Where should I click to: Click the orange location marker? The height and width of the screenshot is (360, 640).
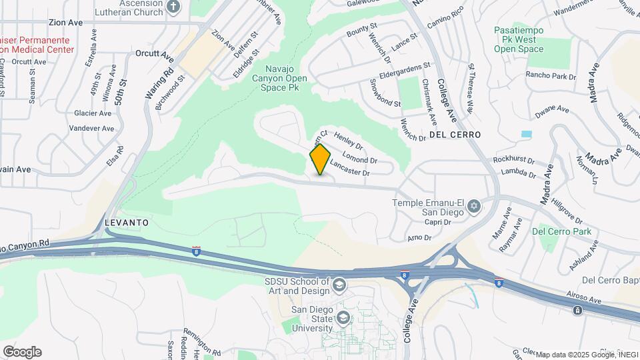point(320,159)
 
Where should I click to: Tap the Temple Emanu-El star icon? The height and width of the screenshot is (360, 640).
point(474,205)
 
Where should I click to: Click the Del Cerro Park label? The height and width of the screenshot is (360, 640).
point(561,231)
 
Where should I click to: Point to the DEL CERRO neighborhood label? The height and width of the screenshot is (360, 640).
point(455,135)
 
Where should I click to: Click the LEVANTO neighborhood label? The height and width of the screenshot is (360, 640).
point(125,221)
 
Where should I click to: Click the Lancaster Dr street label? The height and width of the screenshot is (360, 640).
point(349,168)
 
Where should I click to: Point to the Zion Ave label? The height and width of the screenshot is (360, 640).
point(65,22)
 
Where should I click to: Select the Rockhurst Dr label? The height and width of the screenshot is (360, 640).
point(514,160)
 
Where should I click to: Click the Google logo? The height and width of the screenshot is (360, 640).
point(22,351)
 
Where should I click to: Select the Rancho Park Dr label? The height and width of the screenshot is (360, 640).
point(551,76)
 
